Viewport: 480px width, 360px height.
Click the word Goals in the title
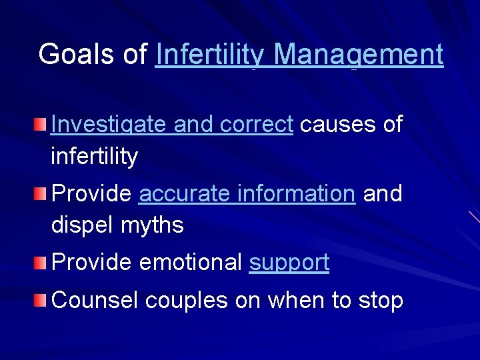click(x=78, y=55)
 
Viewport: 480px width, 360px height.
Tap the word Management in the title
click(x=359, y=55)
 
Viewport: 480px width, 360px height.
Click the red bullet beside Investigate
click(x=42, y=123)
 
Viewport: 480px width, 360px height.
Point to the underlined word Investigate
click(x=109, y=124)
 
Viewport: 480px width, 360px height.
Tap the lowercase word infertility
click(x=95, y=157)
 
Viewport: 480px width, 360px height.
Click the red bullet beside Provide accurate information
click(x=42, y=193)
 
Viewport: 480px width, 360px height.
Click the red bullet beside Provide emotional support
click(x=42, y=263)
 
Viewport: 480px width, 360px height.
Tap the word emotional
click(x=191, y=263)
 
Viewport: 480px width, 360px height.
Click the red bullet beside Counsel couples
click(x=42, y=300)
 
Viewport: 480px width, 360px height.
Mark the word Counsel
click(x=95, y=301)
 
